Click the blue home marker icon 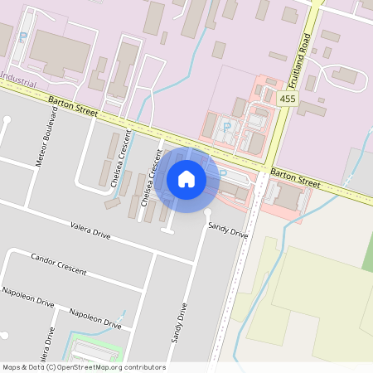pos(186,179)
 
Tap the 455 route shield pos(288,99)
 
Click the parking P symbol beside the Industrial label pos(22,37)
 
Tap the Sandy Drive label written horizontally pos(228,230)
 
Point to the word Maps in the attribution pos(12,367)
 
